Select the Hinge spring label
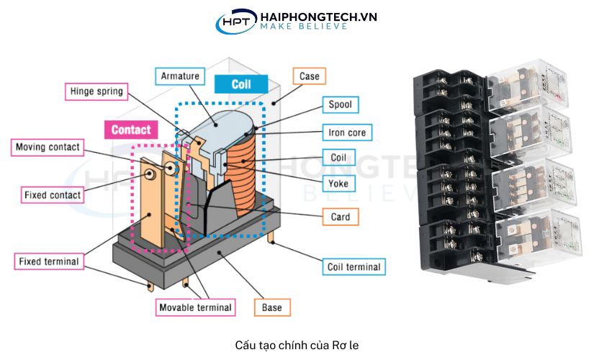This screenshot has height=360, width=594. (96, 91)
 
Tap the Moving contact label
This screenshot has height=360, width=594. (48, 148)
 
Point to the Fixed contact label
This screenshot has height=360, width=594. (53, 194)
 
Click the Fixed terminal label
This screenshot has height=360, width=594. (50, 261)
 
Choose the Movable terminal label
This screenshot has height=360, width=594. (196, 307)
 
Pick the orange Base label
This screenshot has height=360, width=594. (272, 307)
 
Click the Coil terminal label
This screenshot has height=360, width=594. (353, 267)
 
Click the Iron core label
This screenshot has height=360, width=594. (347, 132)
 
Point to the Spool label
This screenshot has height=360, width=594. (340, 104)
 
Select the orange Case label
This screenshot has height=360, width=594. (309, 76)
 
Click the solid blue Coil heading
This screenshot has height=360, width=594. (240, 84)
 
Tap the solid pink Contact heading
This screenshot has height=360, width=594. (131, 130)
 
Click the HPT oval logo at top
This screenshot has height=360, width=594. (235, 21)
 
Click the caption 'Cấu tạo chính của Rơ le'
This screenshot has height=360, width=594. (296, 345)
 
